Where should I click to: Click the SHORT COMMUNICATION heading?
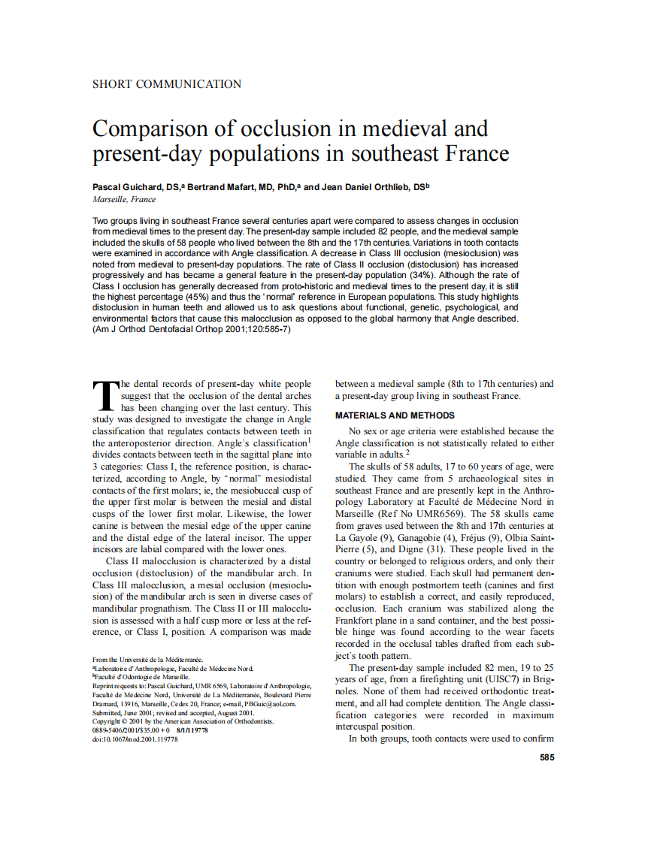(167, 84)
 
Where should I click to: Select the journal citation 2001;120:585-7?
(253, 330)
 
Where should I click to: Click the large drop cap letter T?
(105, 395)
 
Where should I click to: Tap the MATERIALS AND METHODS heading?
(395, 415)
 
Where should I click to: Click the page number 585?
(547, 758)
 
